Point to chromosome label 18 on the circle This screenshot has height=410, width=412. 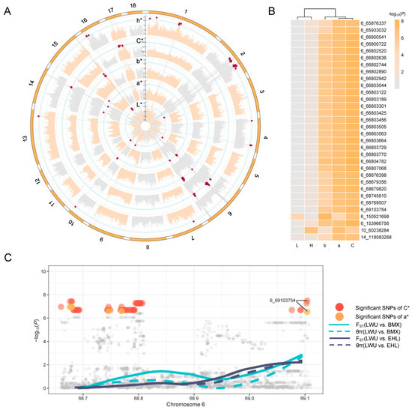(133, 5)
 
